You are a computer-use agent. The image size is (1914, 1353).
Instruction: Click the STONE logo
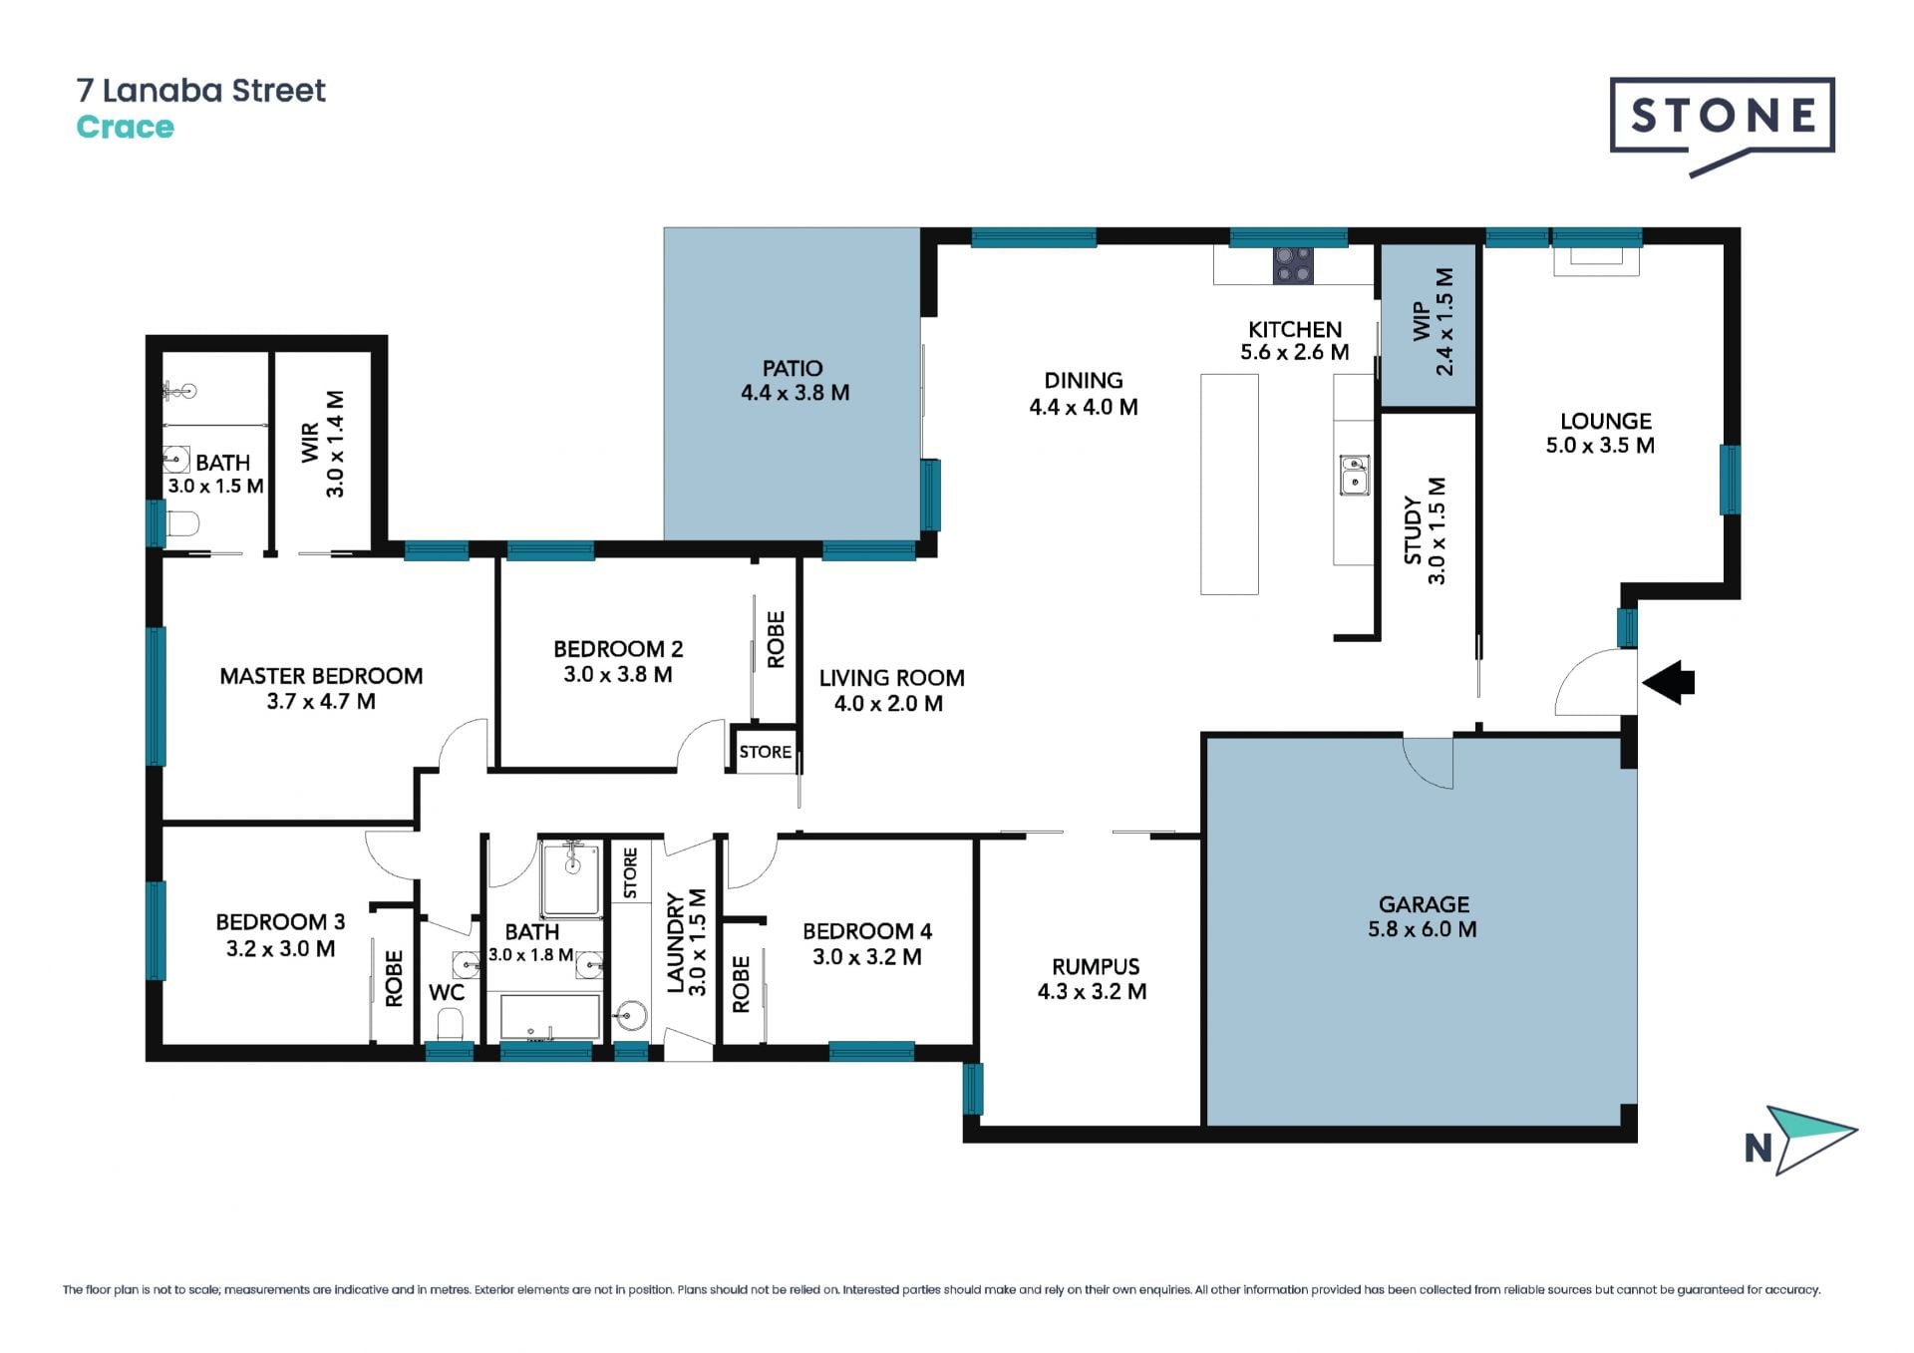point(1722,124)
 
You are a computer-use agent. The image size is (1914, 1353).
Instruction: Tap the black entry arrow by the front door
point(1668,683)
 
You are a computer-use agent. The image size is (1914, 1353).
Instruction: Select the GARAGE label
point(1424,904)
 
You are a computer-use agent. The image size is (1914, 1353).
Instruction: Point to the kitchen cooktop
point(1293,265)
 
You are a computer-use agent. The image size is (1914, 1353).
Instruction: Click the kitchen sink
point(1354,476)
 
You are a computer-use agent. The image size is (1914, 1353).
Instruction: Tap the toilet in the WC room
point(451,1024)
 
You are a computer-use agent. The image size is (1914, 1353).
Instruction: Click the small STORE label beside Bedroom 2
point(765,752)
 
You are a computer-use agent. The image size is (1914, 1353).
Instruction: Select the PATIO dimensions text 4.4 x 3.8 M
point(795,393)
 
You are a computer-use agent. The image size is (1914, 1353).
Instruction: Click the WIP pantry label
point(1421,322)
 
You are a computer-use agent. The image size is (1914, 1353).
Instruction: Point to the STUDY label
point(1413,530)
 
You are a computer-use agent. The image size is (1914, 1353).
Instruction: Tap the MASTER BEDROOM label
point(321,676)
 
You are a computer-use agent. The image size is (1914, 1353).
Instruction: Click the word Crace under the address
point(126,128)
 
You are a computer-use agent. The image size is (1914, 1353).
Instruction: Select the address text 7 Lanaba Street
point(201,91)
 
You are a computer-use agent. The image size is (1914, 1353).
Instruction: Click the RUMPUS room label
point(1096,966)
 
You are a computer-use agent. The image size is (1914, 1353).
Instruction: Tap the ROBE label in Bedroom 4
point(741,984)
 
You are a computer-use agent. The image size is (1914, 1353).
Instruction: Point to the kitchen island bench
point(1229,485)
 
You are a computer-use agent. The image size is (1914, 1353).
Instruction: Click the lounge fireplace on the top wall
point(1596,258)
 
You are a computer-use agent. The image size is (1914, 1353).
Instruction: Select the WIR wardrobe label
point(311,443)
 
